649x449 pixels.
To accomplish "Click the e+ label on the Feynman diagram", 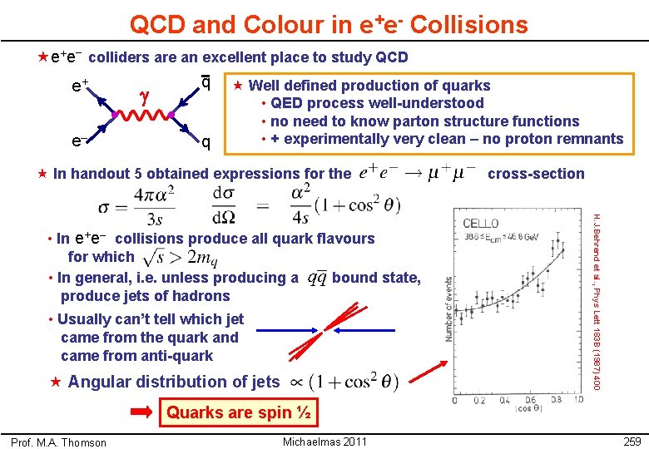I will (81, 85).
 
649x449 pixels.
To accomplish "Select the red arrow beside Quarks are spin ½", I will (144, 412).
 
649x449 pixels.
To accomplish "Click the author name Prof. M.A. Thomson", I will (58, 442).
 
